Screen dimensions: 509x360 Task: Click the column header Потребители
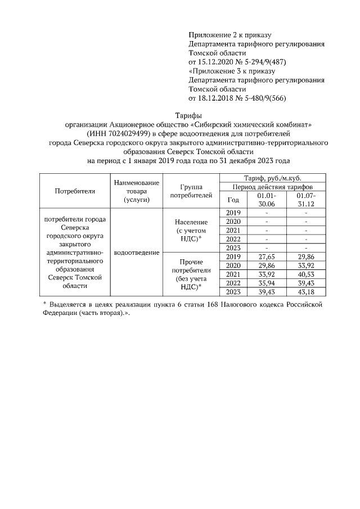(75, 191)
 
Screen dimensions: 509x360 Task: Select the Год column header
(233, 199)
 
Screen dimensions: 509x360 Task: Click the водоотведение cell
(136, 253)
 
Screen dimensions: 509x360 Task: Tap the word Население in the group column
(191, 222)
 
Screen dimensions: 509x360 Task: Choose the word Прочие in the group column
(191, 262)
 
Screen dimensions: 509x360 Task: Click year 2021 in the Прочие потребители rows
(233, 274)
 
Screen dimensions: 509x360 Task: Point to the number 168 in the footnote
(206, 304)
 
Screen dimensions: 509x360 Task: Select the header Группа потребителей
(191, 191)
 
